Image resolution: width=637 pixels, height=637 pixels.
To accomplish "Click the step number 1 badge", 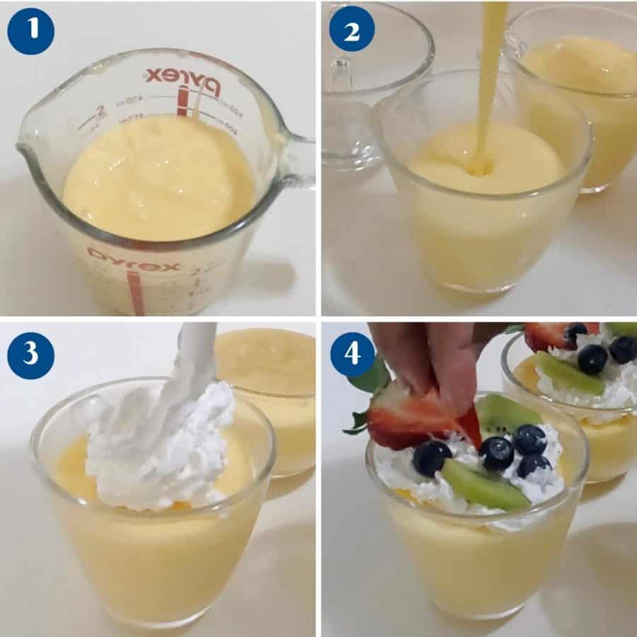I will point(30,30).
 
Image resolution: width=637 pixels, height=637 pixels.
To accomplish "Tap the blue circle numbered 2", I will point(352,30).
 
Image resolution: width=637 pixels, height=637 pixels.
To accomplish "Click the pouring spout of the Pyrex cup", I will point(28,152).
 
